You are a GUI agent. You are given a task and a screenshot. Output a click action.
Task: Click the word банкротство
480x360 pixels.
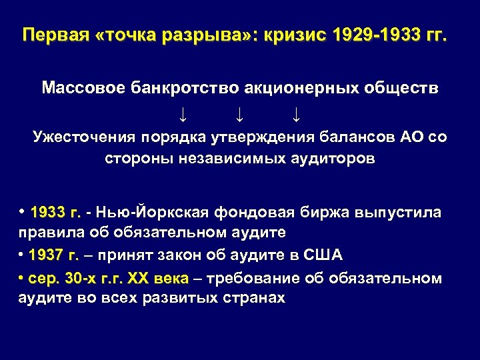(x=176, y=89)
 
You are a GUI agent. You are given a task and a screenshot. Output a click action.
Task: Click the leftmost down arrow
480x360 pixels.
(x=182, y=115)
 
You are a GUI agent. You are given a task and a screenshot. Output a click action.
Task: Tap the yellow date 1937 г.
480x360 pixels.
(x=55, y=255)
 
